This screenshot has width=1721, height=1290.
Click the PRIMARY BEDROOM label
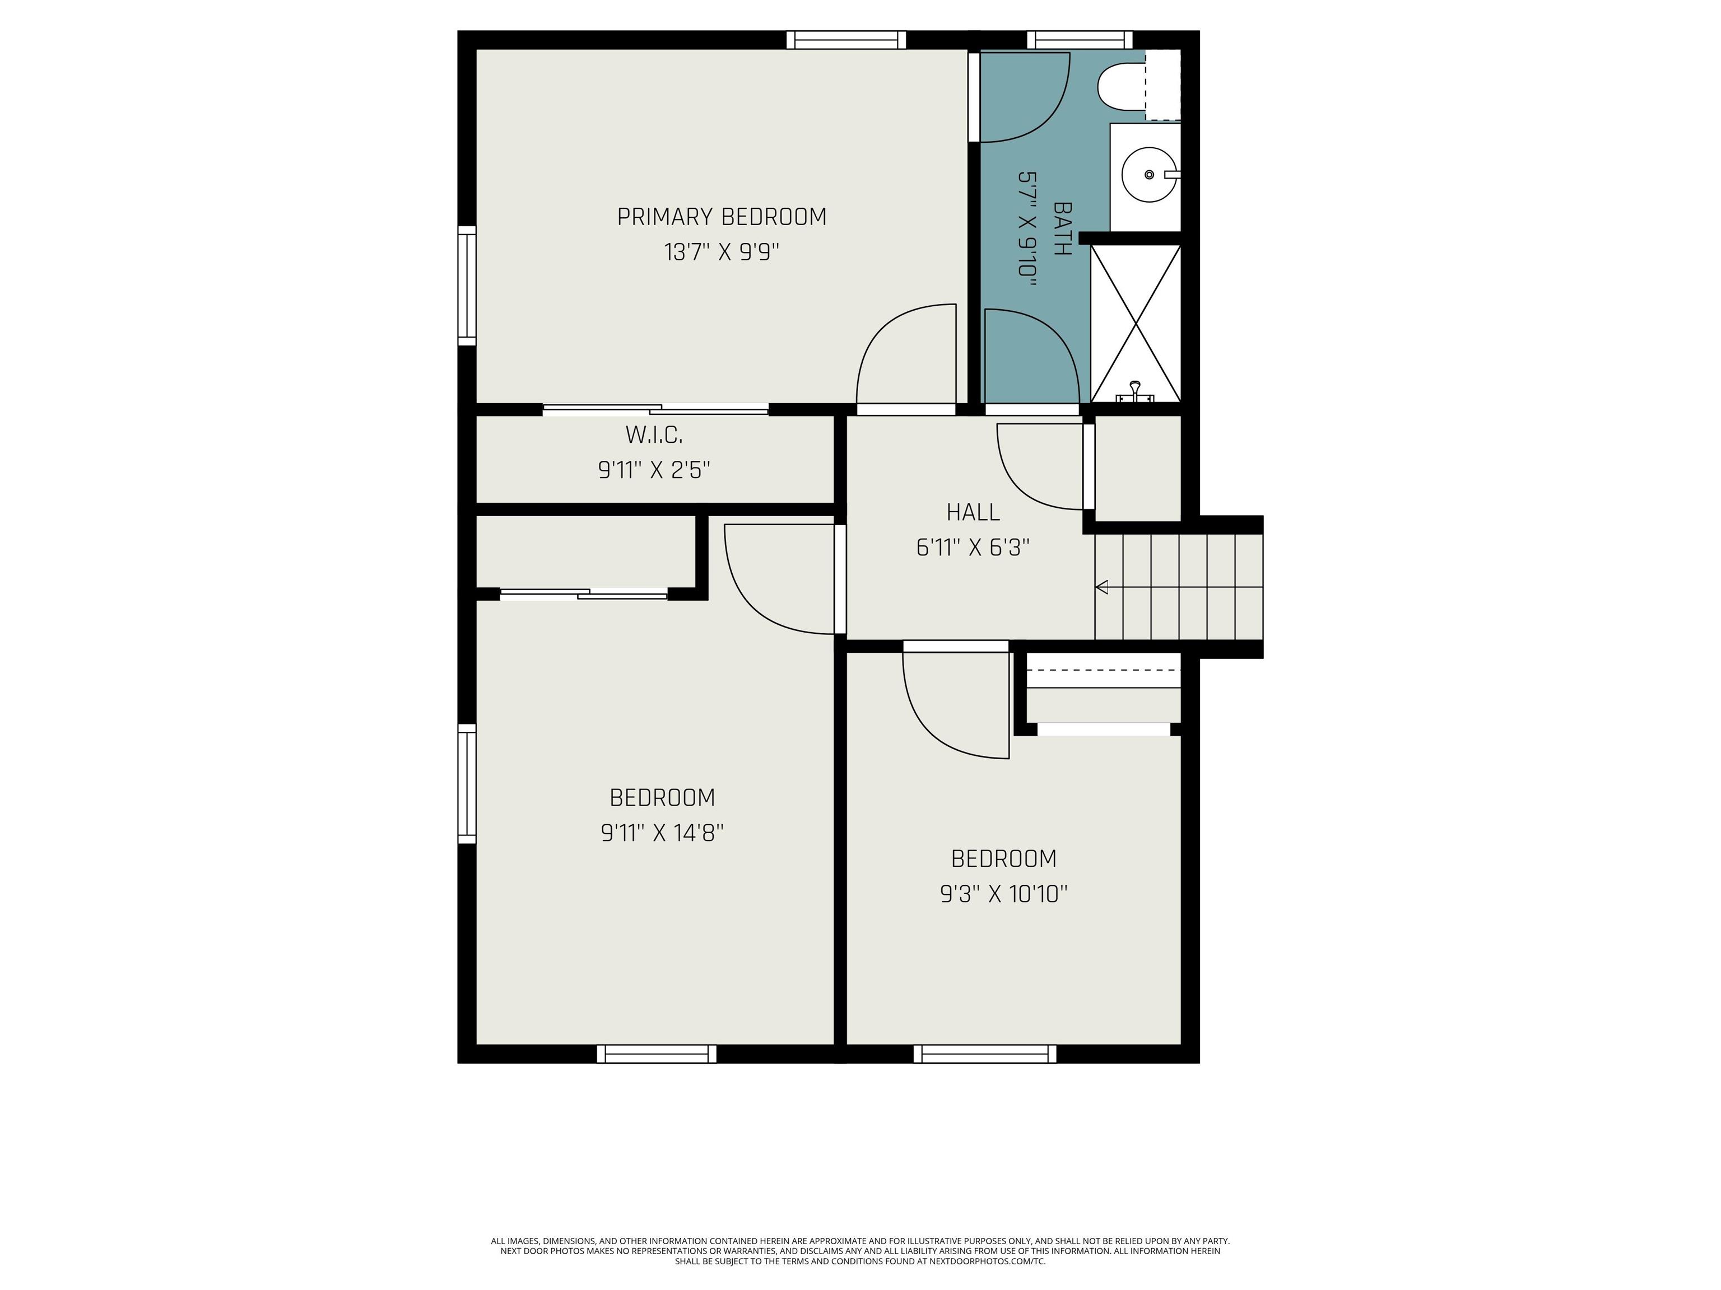click(x=721, y=217)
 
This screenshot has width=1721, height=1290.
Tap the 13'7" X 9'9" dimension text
click(x=721, y=253)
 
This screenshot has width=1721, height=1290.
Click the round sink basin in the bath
click(x=1149, y=174)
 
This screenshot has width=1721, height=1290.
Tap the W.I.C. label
click(x=654, y=436)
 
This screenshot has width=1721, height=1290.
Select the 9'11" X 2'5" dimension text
click(x=654, y=470)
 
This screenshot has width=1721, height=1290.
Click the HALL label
click(x=973, y=512)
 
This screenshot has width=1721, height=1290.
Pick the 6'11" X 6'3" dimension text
click(x=973, y=548)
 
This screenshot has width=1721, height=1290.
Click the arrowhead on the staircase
click(x=1102, y=587)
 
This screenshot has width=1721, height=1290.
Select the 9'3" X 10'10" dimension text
click(x=1004, y=894)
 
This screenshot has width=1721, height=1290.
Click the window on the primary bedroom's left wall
click(x=466, y=286)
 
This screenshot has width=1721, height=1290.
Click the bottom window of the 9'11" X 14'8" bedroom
click(x=657, y=1054)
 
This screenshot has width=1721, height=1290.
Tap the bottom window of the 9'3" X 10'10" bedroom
click(x=984, y=1054)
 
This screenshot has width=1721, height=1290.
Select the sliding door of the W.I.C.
click(x=655, y=409)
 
